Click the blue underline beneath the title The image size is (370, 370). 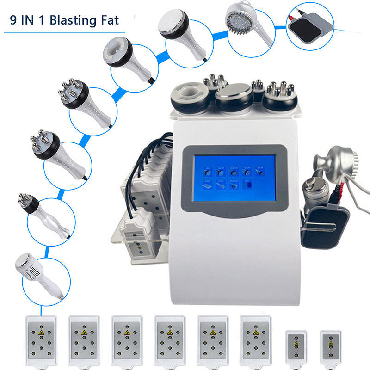click(65, 33)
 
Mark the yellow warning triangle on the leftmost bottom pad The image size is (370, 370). click(42, 333)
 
